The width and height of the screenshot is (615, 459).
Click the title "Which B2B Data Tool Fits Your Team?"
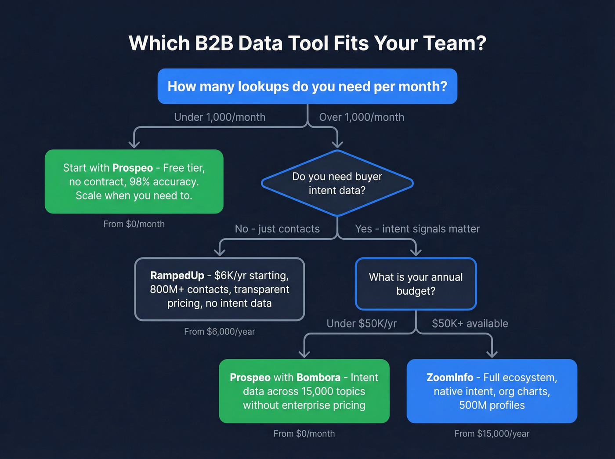[307, 43]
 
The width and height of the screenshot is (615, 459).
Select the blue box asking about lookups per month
[307, 87]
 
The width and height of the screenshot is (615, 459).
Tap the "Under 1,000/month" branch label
[220, 117]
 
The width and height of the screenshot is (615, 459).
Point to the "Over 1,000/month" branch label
[362, 117]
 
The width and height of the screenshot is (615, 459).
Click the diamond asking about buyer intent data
[337, 183]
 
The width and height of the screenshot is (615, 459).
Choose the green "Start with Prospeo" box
[134, 181]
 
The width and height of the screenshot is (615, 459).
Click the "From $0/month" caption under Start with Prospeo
[134, 224]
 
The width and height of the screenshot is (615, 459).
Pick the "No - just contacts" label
[277, 229]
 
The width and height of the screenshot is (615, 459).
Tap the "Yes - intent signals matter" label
[417, 229]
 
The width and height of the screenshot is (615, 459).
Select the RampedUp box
[220, 289]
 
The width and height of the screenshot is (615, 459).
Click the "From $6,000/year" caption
[220, 332]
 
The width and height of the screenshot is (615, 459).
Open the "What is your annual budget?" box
[416, 284]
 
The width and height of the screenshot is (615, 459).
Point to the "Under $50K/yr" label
[362, 324]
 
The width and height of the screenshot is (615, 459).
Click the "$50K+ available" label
[470, 324]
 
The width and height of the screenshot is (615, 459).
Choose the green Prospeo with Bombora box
[304, 391]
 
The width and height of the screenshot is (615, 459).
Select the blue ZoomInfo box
[492, 391]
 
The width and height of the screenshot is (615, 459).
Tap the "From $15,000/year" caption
[492, 434]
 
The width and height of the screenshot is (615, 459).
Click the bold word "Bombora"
[318, 378]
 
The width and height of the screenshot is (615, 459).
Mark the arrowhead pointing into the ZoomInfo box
[492, 354]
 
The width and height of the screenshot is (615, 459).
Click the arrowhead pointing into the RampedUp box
[220, 252]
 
